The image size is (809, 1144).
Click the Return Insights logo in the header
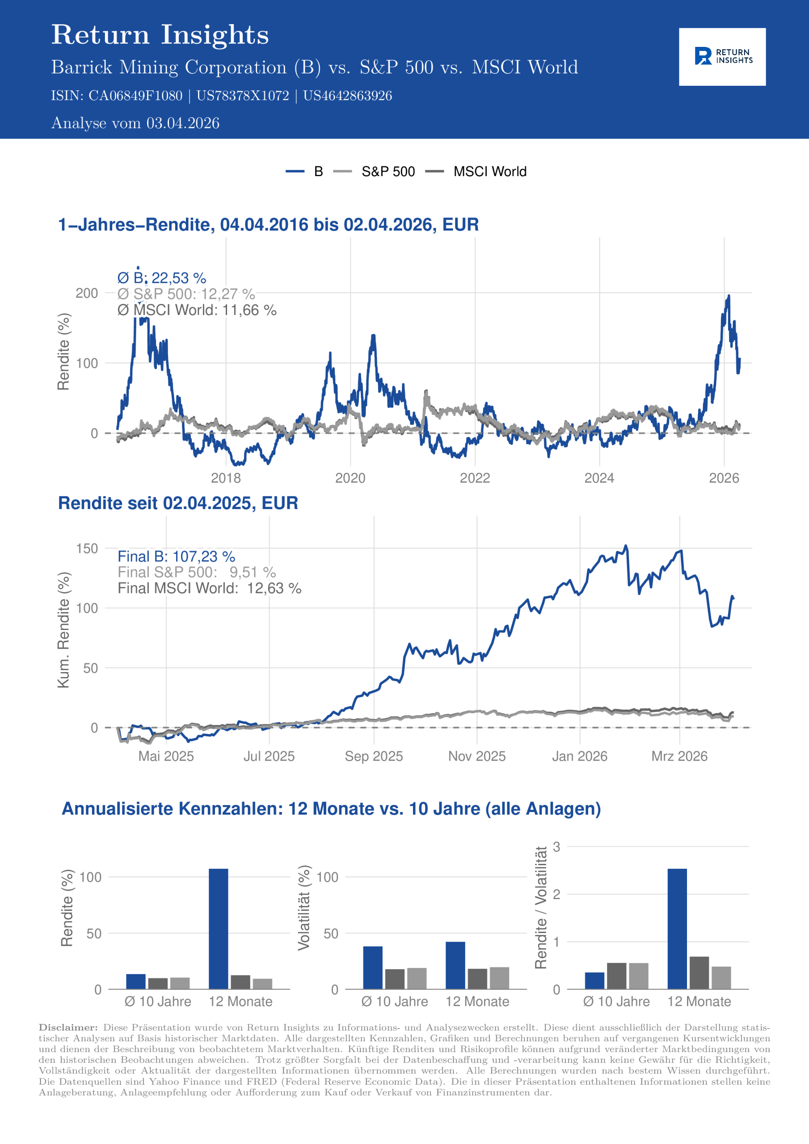tap(722, 56)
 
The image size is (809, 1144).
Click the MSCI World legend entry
tap(489, 172)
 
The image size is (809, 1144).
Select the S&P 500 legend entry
tap(388, 172)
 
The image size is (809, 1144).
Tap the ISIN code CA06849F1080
tap(135, 96)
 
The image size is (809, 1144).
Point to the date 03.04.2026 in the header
tap(182, 123)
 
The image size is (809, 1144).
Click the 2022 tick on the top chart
tap(475, 478)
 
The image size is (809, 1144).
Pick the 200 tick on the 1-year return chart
tap(87, 293)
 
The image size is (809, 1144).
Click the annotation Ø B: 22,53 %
tap(161, 278)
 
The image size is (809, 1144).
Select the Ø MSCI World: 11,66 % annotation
tap(197, 310)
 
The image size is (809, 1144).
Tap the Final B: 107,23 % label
tap(176, 556)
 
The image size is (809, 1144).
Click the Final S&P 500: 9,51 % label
tap(196, 572)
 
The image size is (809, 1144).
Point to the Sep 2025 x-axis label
tap(373, 757)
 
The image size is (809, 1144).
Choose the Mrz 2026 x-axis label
tap(679, 757)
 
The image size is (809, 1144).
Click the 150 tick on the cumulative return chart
tap(87, 549)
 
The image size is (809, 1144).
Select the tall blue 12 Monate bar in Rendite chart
tap(218, 929)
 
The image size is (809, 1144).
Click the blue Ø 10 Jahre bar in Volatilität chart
tap(372, 967)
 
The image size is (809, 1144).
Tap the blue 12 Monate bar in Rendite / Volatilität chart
tap(677, 929)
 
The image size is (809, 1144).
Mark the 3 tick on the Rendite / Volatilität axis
tap(557, 846)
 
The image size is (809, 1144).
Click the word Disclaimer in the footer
tap(68, 1027)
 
